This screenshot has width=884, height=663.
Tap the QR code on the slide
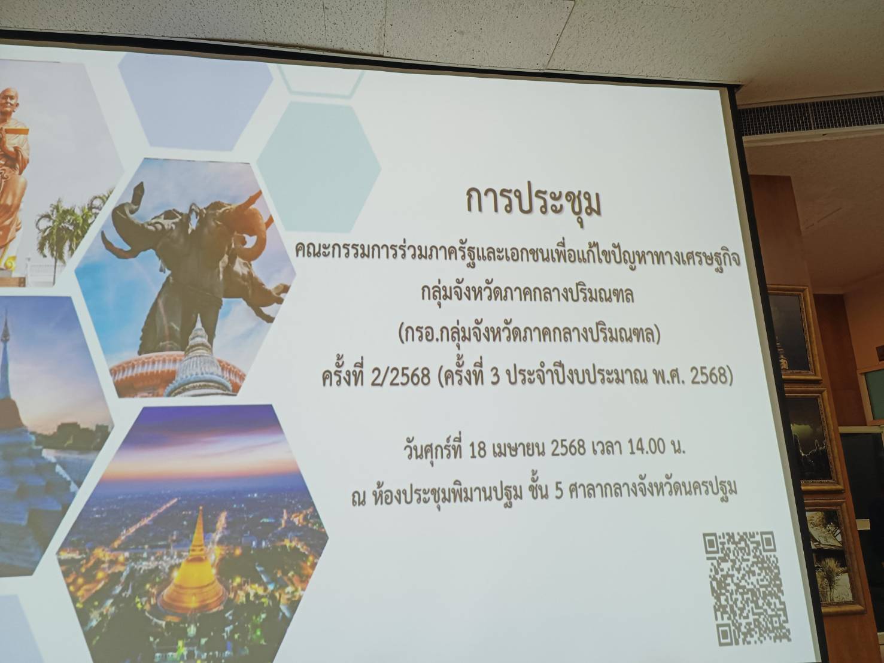pos(746,588)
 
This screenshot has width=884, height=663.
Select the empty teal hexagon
pos(318,167)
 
